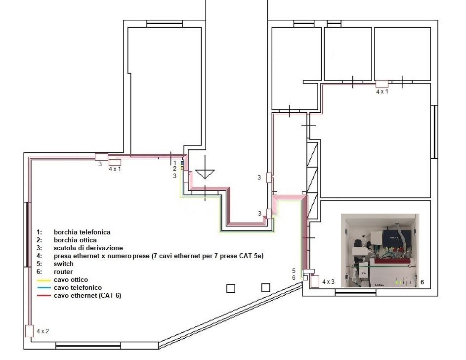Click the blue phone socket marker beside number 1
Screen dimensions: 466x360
[182, 163]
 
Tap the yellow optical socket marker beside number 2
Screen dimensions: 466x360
[182, 168]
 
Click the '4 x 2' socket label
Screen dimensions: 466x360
[43, 331]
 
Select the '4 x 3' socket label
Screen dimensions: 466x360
[329, 282]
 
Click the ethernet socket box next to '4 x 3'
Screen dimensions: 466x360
[315, 282]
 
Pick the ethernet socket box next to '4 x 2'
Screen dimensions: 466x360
[29, 331]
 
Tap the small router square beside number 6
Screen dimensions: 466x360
[305, 278]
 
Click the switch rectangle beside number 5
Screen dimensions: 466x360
[308, 271]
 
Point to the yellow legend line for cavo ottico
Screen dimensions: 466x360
[43, 280]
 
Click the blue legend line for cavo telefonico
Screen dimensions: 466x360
[43, 288]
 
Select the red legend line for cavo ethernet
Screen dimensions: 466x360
[43, 296]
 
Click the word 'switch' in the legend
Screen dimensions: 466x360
[64, 264]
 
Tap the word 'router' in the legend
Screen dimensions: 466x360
[63, 271]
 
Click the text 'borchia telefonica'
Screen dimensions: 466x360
[82, 232]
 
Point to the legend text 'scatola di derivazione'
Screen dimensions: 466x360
[88, 248]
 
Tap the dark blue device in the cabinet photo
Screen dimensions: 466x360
[397, 237]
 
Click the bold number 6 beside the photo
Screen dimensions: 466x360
[422, 282]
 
